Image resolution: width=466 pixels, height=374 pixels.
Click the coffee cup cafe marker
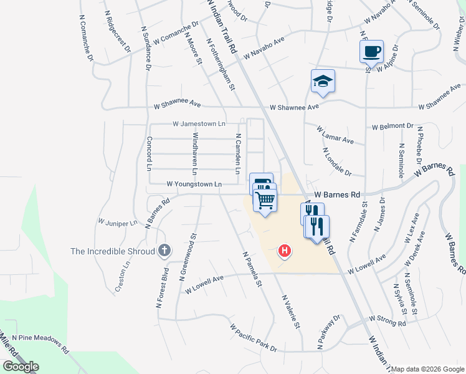pos(371,51)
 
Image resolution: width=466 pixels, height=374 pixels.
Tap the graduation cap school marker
pos(323,81)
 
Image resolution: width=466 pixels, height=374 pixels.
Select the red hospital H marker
pos(284,251)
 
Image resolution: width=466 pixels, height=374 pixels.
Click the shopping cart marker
pos(265,201)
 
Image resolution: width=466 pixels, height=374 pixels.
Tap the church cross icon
pos(164,251)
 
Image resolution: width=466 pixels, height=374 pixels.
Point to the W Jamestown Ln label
pos(199,123)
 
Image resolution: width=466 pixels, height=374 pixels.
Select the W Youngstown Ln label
pos(194,184)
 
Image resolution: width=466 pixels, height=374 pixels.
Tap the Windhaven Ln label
pos(195,153)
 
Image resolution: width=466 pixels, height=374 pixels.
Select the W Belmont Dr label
pos(392,127)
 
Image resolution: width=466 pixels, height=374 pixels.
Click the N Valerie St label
pos(291,312)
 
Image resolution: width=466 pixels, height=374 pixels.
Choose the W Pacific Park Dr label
pos(252,337)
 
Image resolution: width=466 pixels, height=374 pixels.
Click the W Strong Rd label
pos(388,320)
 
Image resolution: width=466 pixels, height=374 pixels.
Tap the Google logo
pos(21,367)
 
